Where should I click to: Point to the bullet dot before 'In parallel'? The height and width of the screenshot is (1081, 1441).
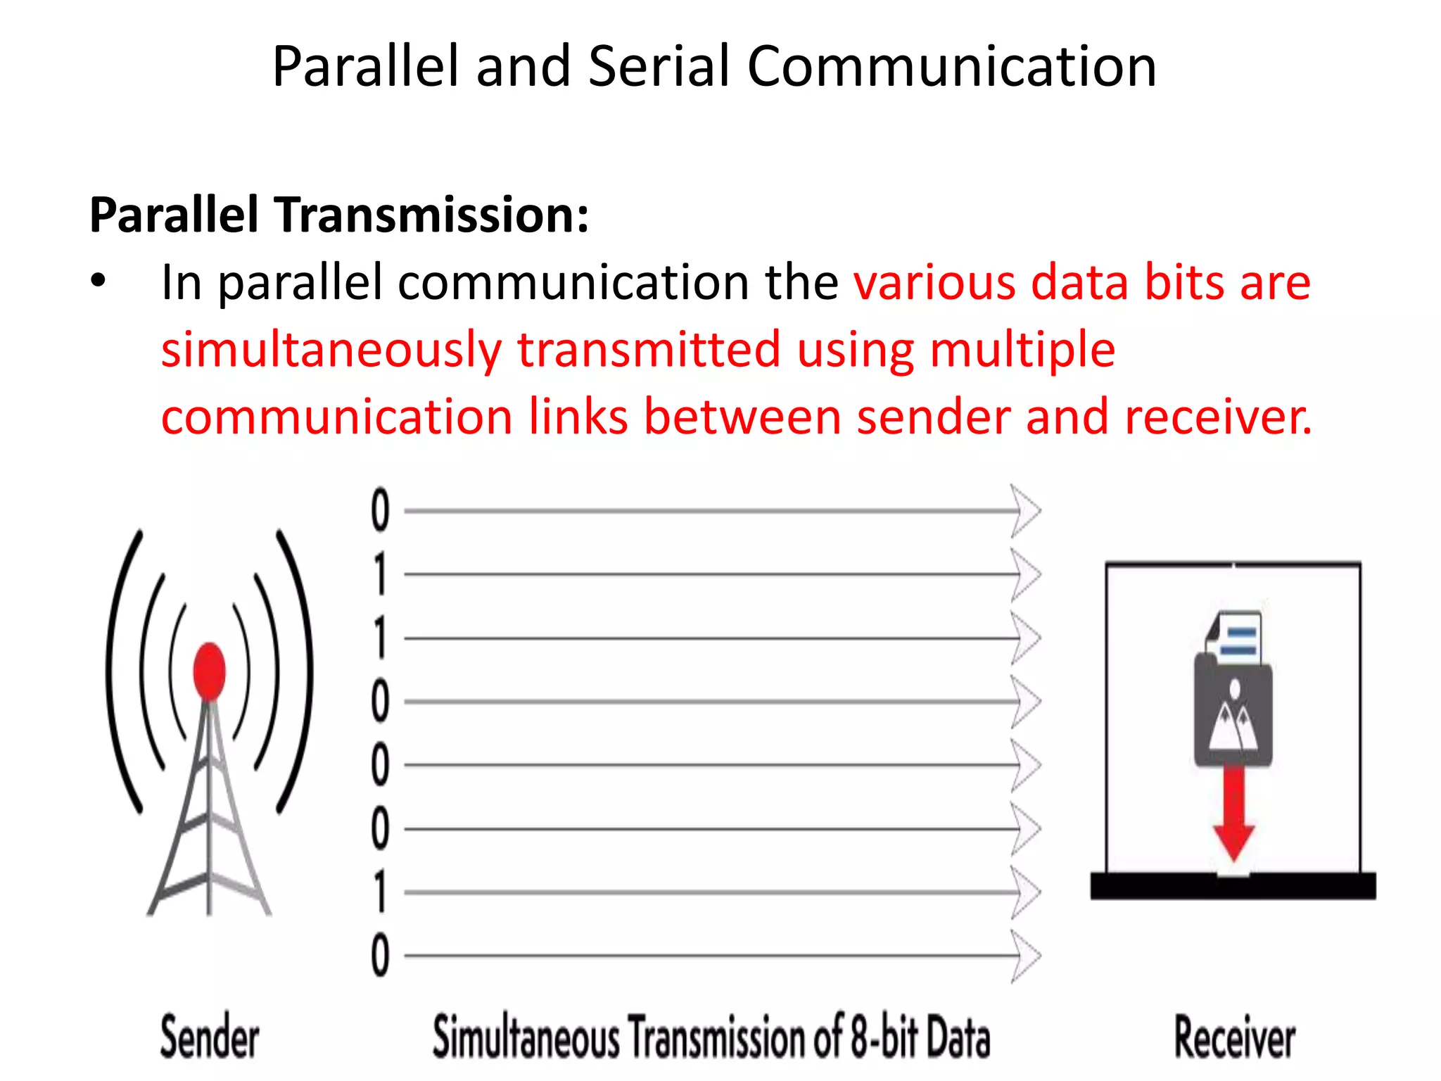coord(98,282)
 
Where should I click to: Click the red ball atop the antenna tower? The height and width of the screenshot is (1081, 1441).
coord(209,669)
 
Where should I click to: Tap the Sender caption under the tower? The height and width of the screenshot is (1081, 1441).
coord(209,1037)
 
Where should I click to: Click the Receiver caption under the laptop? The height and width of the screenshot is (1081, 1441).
coord(1235,1037)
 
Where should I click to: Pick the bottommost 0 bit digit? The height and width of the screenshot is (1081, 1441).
coord(380,955)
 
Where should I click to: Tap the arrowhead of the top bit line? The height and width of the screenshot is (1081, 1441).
coord(1026,510)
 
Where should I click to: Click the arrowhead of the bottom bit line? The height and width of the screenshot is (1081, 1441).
coord(1026,956)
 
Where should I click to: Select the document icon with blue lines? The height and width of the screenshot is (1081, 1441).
coord(1236,638)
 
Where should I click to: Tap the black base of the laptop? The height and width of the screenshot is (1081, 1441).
coord(1233,886)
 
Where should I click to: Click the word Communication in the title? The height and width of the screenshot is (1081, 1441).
coord(951,66)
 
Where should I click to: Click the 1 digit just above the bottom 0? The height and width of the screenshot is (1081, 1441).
coord(380,892)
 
